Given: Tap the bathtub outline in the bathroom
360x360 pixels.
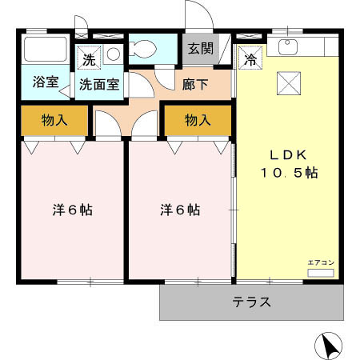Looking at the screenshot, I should (46, 50).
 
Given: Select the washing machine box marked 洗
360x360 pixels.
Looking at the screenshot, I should (88, 57).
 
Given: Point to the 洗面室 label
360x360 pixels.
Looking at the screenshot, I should (98, 82).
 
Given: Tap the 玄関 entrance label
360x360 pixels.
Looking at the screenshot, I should (201, 48).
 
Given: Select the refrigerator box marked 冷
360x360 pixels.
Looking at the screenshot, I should (250, 58).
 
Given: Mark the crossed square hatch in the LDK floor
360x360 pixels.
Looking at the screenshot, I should (288, 82).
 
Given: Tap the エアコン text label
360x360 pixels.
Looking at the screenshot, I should (319, 262).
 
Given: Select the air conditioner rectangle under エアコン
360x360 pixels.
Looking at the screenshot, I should (320, 273).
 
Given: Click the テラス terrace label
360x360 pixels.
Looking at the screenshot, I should (252, 303).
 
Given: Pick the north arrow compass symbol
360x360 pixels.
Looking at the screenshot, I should (330, 346).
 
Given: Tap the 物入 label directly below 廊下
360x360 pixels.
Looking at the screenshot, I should (198, 121).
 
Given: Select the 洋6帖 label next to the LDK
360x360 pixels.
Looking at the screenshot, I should (179, 210).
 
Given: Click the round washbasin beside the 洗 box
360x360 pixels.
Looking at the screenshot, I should (113, 55).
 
